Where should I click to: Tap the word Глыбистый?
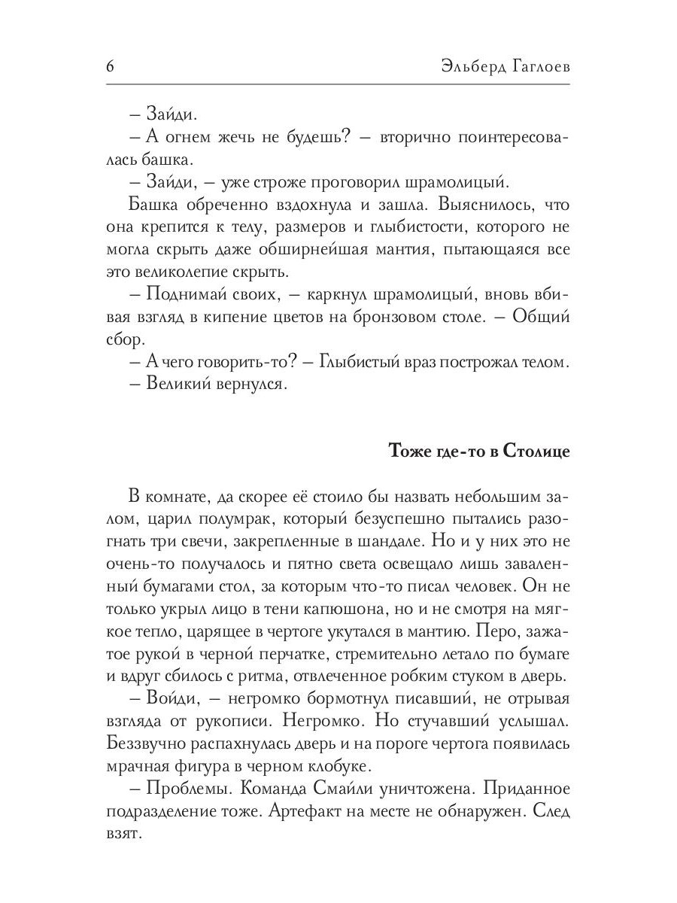click(363, 362)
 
